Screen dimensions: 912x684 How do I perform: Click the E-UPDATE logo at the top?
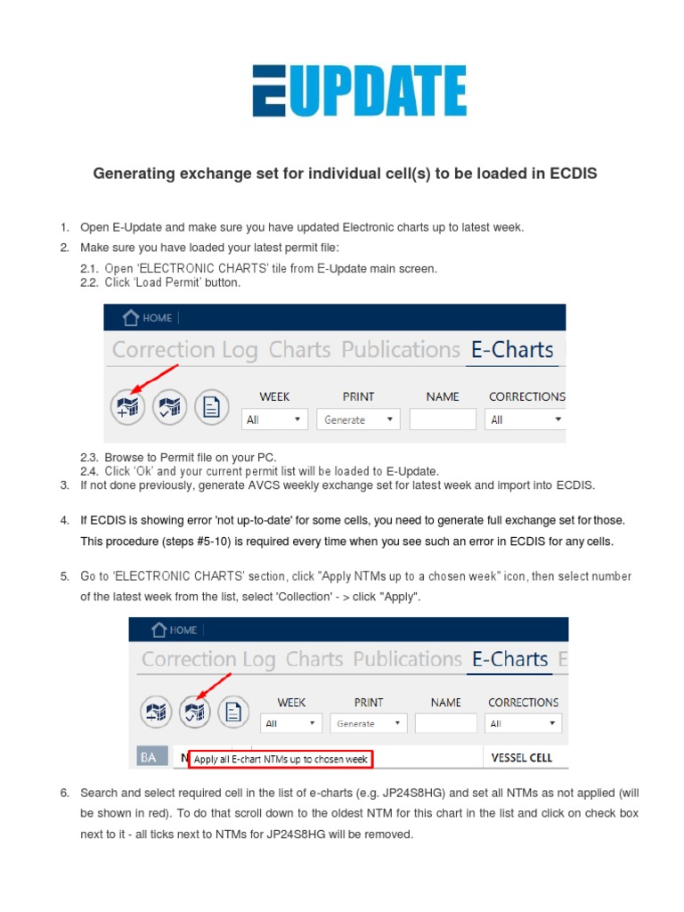358,91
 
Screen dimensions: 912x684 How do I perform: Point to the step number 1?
64,227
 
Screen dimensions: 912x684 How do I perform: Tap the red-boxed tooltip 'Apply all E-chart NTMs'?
281,759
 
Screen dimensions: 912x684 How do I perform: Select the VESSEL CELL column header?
522,758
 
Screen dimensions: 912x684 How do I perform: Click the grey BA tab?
149,757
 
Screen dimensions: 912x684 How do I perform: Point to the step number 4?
64,519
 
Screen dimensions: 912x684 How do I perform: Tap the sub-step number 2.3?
88,458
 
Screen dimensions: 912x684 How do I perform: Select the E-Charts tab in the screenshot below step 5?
510,659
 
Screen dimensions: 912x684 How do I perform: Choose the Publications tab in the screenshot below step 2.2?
401,350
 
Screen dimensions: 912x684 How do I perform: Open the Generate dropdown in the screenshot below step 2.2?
357,419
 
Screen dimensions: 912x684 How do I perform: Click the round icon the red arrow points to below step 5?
193,712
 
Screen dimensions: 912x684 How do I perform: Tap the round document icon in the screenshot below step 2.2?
211,407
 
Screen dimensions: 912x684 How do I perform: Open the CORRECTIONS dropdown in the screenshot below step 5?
525,723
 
